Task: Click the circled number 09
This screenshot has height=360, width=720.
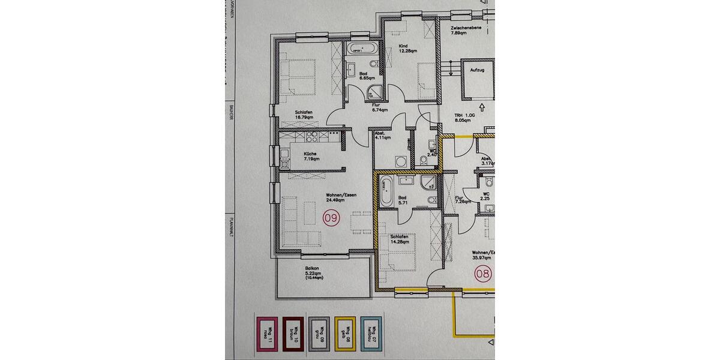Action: tap(331, 218)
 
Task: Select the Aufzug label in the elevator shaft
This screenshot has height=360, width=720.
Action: tap(478, 70)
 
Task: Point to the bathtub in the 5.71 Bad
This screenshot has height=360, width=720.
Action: tap(385, 191)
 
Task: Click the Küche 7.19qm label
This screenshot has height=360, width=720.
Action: tap(311, 156)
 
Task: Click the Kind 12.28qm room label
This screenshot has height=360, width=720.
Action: tap(407, 47)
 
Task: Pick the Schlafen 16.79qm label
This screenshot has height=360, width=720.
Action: tap(304, 115)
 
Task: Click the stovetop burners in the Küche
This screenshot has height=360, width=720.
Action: tap(313, 139)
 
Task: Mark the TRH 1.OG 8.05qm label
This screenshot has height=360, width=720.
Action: tap(465, 118)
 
